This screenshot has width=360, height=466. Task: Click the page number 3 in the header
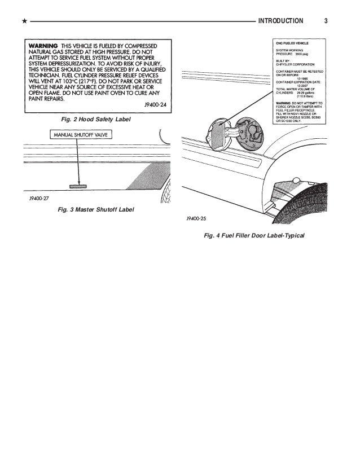(x=327, y=22)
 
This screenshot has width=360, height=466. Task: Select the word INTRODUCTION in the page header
(x=280, y=22)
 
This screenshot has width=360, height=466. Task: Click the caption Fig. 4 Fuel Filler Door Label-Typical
(x=253, y=235)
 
